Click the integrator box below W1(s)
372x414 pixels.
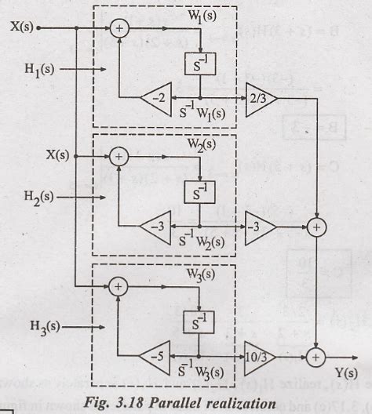coord(199,65)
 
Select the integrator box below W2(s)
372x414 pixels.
coord(199,190)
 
